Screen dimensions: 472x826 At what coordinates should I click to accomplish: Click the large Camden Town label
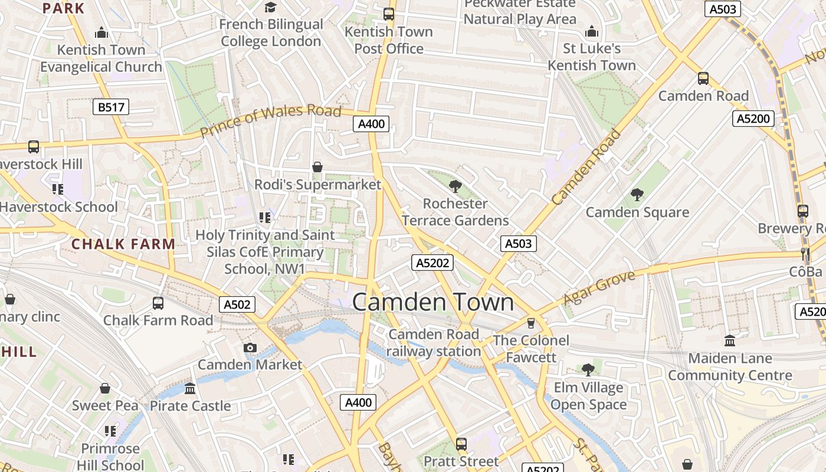point(433,302)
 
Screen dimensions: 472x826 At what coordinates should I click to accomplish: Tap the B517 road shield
point(111,107)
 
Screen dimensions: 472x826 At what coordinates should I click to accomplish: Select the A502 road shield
point(238,304)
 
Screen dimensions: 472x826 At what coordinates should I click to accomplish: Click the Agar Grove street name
point(599,288)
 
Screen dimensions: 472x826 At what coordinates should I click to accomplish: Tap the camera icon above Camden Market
point(250,348)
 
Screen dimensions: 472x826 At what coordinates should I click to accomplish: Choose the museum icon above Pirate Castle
point(190,388)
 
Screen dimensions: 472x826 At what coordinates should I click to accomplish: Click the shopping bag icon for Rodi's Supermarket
point(317,167)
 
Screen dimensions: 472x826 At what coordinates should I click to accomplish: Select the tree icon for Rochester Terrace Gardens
point(455,186)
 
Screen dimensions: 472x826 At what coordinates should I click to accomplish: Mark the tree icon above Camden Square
point(637,195)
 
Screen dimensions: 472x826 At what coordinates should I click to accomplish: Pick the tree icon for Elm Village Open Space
point(588,370)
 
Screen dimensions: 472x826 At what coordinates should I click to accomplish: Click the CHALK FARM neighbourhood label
point(123,244)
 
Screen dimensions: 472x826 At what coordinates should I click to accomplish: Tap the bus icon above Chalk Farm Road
point(158,303)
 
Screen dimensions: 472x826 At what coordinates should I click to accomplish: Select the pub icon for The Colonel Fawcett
point(531,323)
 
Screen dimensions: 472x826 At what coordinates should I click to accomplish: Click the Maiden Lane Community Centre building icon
point(730,340)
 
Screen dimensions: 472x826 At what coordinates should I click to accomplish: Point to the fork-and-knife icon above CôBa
point(805,254)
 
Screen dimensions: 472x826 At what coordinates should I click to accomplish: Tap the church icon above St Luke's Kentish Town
point(592,31)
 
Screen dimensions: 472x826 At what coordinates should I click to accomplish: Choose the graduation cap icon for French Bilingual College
point(271,7)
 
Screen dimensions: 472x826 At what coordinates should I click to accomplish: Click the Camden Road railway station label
point(434,343)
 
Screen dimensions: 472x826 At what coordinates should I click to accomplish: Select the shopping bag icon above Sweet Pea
point(105,388)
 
